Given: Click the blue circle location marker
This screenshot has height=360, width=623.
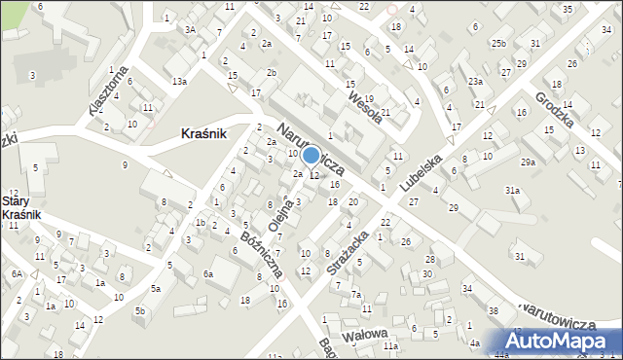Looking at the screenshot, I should [x=311, y=155].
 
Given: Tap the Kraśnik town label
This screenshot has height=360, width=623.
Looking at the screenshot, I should [x=204, y=135].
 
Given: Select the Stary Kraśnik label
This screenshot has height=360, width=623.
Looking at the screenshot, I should [x=19, y=206].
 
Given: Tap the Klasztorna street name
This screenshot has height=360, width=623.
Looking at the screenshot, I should [x=109, y=90].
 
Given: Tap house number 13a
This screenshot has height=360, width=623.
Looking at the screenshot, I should [x=179, y=81].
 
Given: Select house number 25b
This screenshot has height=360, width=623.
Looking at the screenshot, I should [x=498, y=44].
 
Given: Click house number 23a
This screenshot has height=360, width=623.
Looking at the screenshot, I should [x=474, y=81].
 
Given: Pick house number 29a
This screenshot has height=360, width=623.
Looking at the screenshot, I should [x=528, y=162].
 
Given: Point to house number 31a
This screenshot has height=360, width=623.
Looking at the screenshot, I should [x=512, y=191].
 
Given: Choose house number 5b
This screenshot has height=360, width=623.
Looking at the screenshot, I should [x=140, y=310].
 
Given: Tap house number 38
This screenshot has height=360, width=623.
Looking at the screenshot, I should [x=494, y=310].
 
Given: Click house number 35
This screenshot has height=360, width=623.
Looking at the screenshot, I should [x=567, y=9].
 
